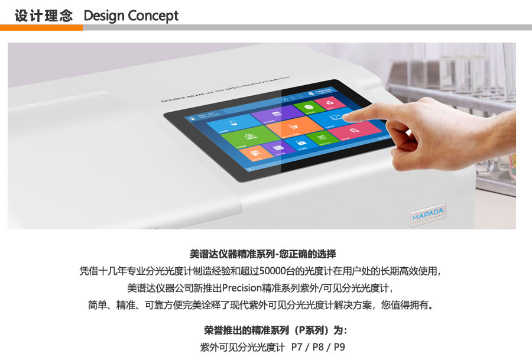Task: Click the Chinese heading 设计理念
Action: (x=43, y=15)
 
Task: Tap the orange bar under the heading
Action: (x=41, y=27)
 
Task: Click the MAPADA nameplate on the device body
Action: (x=428, y=214)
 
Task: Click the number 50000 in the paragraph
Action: (x=271, y=271)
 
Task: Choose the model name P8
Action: (x=318, y=346)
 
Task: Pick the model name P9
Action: (x=339, y=346)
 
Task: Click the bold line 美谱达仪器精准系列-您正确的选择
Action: (x=262, y=254)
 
